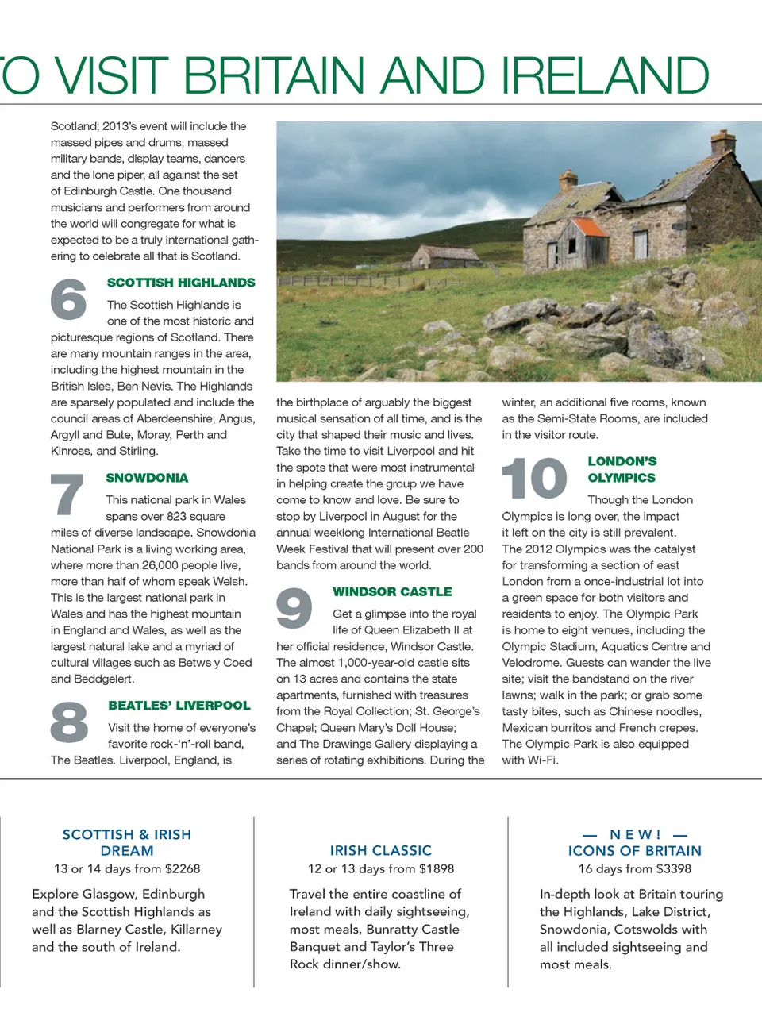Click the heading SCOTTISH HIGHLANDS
(181, 283)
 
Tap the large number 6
(68, 299)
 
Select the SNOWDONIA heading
(147, 478)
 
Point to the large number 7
(67, 494)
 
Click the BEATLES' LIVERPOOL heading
(179, 706)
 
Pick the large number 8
(69, 722)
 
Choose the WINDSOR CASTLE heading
(392, 592)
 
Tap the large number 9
(294, 608)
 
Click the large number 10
(534, 478)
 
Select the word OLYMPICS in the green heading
(622, 478)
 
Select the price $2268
(183, 869)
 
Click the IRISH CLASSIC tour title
(381, 850)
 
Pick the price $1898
(437, 869)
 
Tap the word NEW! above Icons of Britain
(635, 835)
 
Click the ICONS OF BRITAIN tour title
(635, 851)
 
